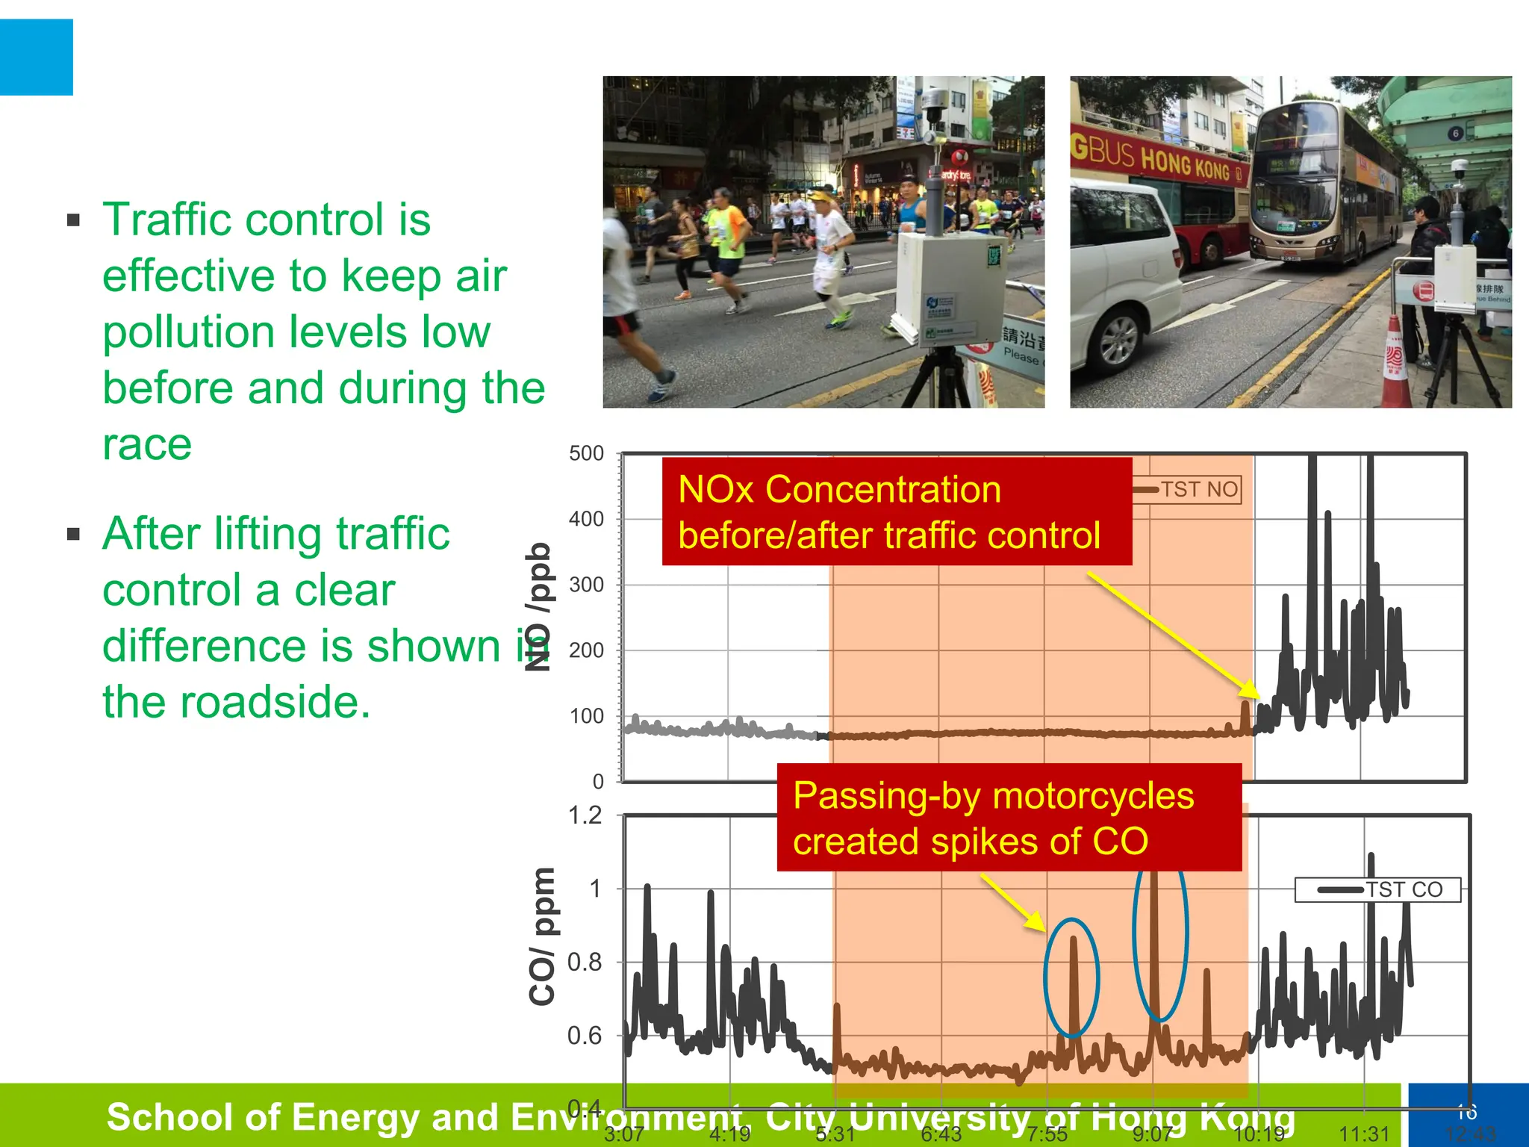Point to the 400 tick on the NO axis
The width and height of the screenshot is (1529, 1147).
click(x=586, y=519)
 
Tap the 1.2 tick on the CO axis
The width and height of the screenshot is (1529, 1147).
click(x=585, y=815)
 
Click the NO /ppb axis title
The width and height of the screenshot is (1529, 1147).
click(x=538, y=606)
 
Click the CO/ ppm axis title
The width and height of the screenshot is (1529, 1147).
click(x=542, y=936)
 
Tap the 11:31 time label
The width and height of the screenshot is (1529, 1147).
click(x=1364, y=1134)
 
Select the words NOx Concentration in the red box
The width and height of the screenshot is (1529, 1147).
click(x=839, y=491)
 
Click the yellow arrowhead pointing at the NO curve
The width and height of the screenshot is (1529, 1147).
click(x=1251, y=690)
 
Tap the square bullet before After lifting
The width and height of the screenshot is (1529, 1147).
click(x=73, y=534)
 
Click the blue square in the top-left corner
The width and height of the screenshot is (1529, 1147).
click(x=36, y=57)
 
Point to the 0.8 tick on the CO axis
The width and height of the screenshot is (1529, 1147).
click(x=585, y=963)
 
